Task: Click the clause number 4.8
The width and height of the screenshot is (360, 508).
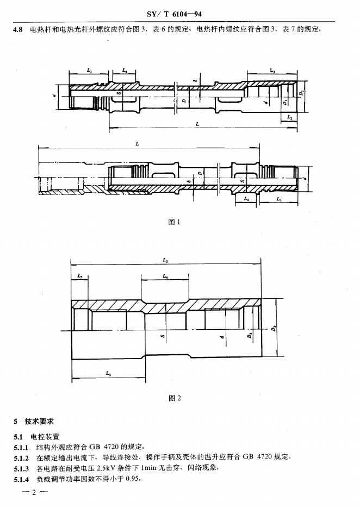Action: [x=18, y=30]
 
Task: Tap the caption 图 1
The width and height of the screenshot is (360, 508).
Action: [x=174, y=222]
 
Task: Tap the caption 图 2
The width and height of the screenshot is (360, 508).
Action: [x=175, y=398]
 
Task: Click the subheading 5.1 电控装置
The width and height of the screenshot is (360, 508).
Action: [x=38, y=436]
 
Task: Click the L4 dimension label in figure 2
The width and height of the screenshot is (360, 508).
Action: [x=165, y=277]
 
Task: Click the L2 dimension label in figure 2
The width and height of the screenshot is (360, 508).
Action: [x=80, y=277]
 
